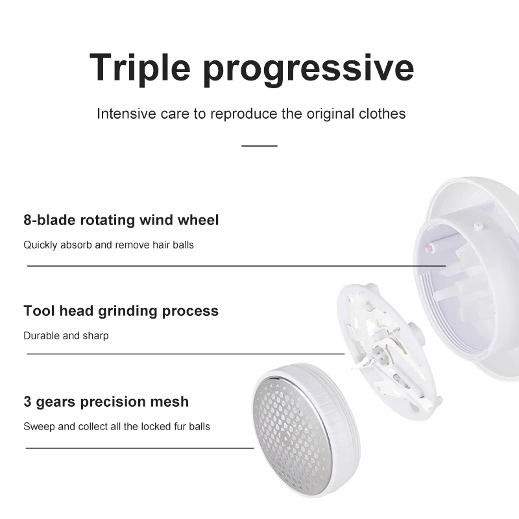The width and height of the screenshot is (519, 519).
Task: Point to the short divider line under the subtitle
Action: tap(259, 146)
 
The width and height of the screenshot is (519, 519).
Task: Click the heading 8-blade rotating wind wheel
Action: tap(121, 220)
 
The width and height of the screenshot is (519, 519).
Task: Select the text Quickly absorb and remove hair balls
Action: tap(108, 245)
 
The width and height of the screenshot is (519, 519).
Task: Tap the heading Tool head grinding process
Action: tap(121, 311)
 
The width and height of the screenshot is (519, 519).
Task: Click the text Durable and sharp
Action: tap(66, 336)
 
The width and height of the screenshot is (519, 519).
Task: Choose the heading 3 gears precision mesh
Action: tap(106, 402)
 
